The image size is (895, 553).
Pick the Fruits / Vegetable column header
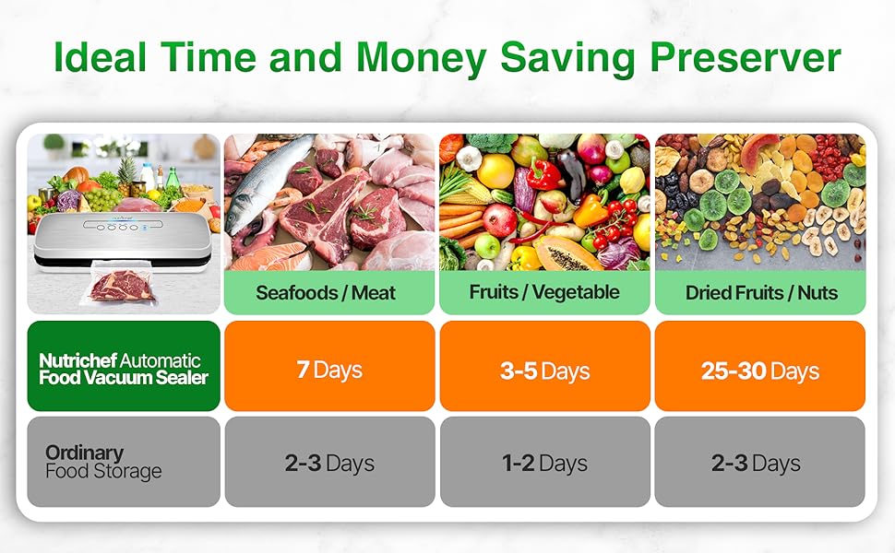click(x=544, y=293)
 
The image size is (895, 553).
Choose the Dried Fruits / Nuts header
click(x=760, y=293)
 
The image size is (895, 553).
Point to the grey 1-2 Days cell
click(x=544, y=463)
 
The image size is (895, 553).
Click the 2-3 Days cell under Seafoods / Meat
click(x=329, y=463)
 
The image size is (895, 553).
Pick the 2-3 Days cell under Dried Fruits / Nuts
click(x=760, y=463)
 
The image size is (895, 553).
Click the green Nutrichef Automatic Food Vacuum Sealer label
click(x=124, y=368)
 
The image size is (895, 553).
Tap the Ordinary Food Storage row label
click(x=124, y=462)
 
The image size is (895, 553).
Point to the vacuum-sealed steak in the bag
click(x=123, y=286)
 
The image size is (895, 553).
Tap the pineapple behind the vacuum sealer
click(x=128, y=175)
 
